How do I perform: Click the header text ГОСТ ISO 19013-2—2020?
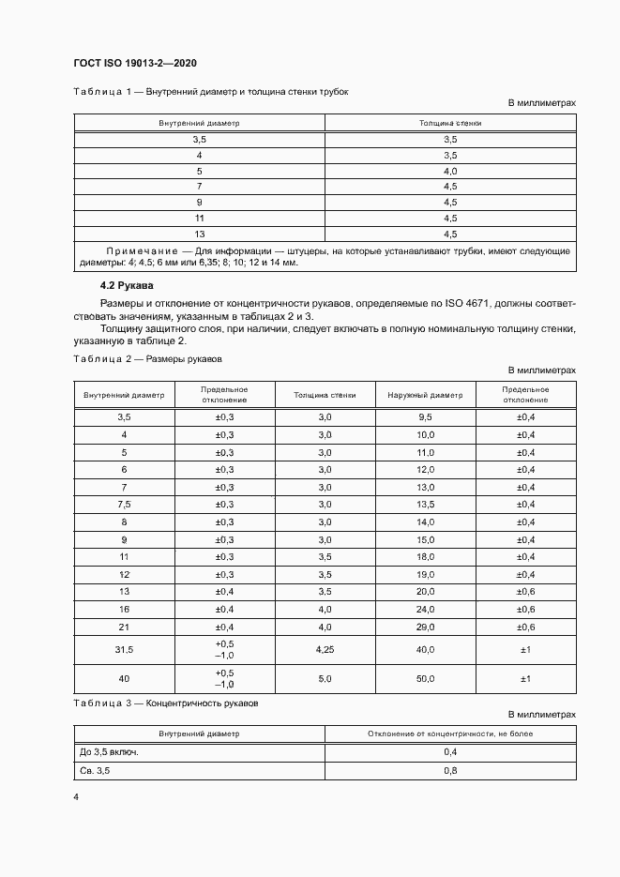[134, 64]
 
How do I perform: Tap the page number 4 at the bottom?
[76, 796]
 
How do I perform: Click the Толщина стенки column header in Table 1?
[449, 123]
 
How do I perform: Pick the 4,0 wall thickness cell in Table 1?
[449, 171]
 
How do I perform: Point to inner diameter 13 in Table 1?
[199, 234]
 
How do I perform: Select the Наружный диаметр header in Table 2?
[425, 395]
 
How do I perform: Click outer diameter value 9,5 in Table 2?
[425, 416]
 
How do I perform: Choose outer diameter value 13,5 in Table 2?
[425, 504]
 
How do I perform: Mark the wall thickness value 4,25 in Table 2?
[325, 649]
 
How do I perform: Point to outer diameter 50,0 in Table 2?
[425, 678]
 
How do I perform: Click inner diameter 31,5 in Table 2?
[124, 649]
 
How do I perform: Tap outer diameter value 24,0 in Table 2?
[425, 609]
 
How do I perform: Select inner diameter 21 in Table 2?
[124, 626]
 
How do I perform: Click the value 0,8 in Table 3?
[449, 770]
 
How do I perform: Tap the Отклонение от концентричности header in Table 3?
[449, 733]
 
